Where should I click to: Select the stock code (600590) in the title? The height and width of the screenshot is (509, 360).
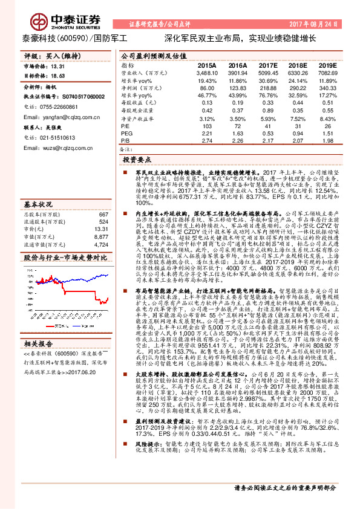(x=72, y=37)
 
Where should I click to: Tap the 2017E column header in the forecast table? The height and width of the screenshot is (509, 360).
(x=268, y=65)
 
